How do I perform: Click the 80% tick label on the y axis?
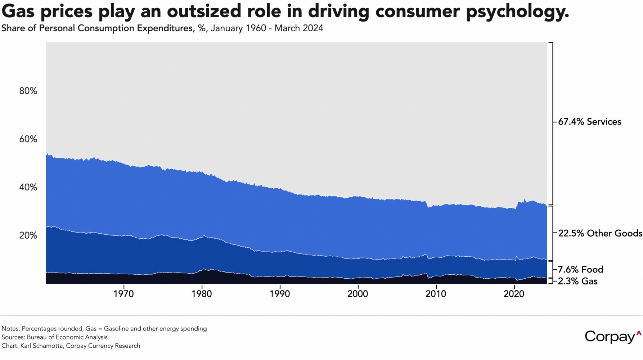[x=28, y=91]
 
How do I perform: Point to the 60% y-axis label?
[x=28, y=139]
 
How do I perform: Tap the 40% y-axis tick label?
[x=28, y=187]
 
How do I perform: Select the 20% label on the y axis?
[x=28, y=235]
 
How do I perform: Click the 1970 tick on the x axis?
[x=123, y=294]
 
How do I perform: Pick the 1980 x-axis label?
[x=202, y=294]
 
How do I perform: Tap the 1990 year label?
[x=280, y=294]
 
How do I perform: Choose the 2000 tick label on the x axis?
[x=358, y=294]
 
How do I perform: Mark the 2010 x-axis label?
[x=436, y=294]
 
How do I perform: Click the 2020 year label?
[x=514, y=294]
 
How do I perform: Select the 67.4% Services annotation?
[x=589, y=122]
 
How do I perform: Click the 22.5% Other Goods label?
[x=600, y=233]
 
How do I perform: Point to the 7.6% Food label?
[x=580, y=269]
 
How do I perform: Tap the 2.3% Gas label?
[x=577, y=281]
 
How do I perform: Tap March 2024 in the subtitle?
[x=299, y=28]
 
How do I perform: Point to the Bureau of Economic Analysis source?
[x=67, y=337]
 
